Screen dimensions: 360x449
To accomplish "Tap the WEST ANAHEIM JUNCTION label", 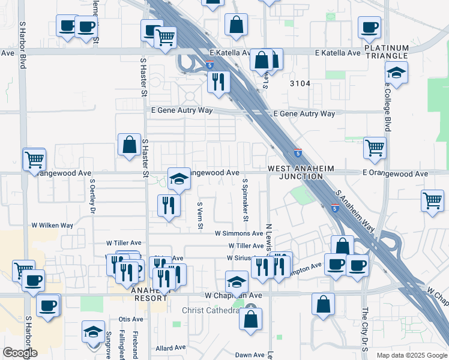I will coord(301,173).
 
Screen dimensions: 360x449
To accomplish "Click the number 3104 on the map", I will coord(300,83).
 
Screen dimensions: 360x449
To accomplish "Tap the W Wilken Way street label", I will coord(52,226).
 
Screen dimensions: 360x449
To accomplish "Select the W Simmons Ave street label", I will coord(240,233).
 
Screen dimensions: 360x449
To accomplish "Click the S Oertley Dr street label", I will coord(92,197).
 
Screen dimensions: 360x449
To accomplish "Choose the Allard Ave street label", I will coord(171,348).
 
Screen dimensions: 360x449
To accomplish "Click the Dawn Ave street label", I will coord(250,355).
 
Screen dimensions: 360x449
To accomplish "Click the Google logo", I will coord(19,353).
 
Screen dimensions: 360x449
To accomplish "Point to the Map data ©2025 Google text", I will coord(412,355).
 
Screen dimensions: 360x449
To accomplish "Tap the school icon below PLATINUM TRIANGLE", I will coord(396,73).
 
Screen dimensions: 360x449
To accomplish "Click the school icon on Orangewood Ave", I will coord(179,178).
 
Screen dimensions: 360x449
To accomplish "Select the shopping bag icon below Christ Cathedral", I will coord(250,319).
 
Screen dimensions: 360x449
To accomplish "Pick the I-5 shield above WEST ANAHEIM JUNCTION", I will coord(298,152).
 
